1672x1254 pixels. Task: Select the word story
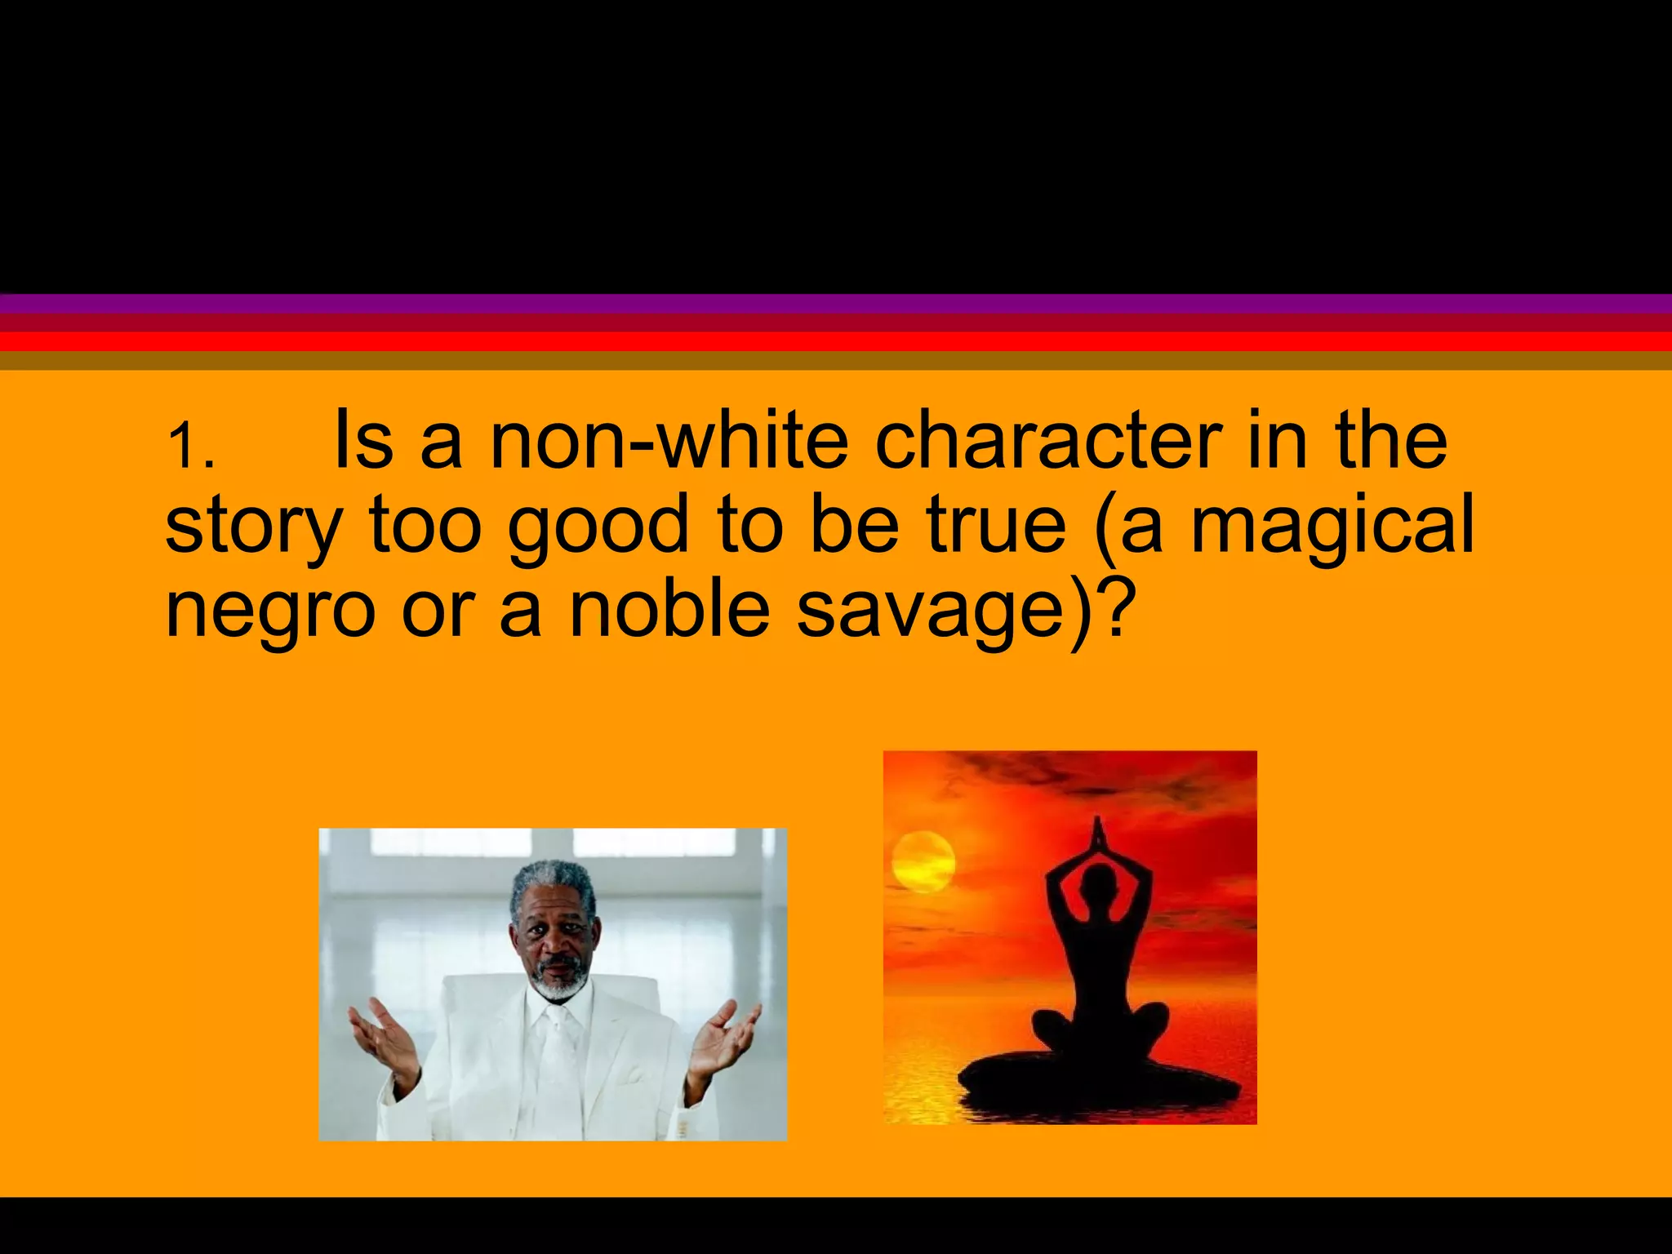pos(252,527)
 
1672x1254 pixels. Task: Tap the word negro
pos(269,612)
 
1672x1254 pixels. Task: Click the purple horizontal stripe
pos(836,304)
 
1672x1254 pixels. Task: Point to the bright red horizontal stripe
pos(836,341)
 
